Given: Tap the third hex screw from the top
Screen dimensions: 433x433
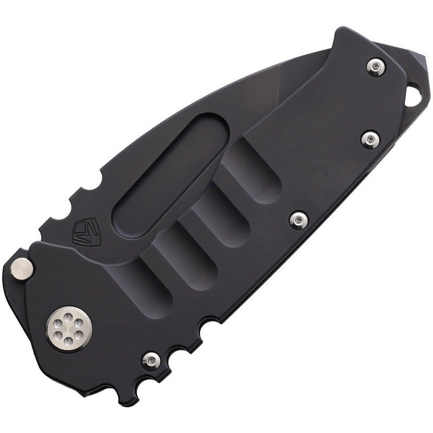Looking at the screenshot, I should click(299, 219).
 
